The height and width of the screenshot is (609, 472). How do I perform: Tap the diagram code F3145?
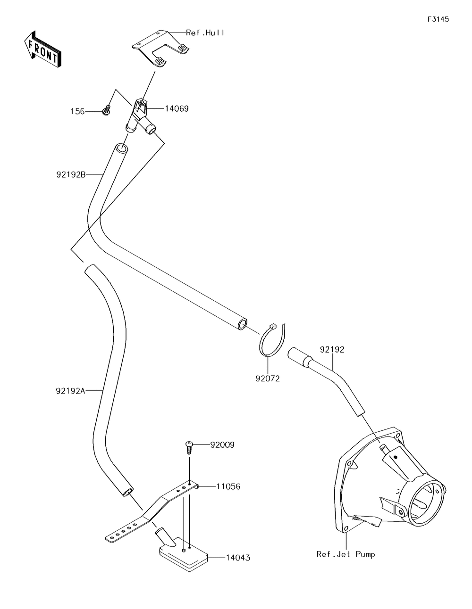tap(438, 19)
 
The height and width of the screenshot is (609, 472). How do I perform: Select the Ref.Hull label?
tap(205, 33)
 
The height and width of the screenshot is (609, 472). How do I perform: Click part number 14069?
tap(177, 108)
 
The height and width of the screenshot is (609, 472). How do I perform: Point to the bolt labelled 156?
tap(106, 110)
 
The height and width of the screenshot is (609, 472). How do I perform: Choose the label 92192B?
tap(71, 174)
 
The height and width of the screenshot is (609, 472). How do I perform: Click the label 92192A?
tap(70, 391)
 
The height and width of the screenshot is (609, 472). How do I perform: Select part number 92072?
tap(268, 379)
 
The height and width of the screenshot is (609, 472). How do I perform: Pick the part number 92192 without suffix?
tap(332, 349)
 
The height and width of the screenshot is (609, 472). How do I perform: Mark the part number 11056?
tap(228, 487)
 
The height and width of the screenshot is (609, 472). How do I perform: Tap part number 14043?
tap(238, 558)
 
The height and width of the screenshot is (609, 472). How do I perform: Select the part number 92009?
tap(222, 445)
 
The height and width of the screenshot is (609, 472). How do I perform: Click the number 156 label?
tap(77, 112)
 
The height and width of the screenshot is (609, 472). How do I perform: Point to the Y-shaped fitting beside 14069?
tap(141, 118)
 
